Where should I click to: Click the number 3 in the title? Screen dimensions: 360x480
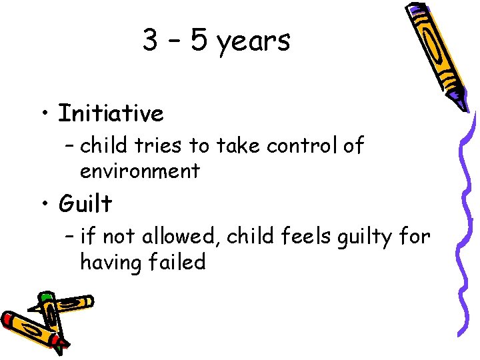[150, 41]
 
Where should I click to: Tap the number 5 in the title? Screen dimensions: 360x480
[199, 41]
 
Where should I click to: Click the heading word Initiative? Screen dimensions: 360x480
[111, 114]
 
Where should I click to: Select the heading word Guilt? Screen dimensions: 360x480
[85, 203]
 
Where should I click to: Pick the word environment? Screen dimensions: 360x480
[139, 171]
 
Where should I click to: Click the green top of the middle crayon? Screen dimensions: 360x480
[45, 297]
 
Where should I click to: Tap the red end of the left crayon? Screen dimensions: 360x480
[9, 319]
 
